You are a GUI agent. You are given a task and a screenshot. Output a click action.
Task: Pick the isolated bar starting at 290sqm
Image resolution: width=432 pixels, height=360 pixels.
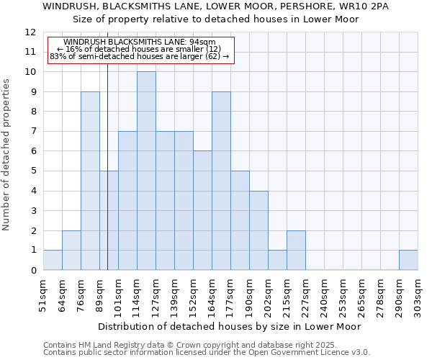click(x=408, y=260)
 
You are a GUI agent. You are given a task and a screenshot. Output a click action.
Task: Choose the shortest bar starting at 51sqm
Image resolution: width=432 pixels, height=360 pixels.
click(x=53, y=260)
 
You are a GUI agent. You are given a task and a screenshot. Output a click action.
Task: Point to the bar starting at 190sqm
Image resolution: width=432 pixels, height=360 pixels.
click(x=258, y=230)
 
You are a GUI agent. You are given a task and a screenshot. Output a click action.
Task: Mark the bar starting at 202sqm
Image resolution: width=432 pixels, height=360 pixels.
click(x=277, y=260)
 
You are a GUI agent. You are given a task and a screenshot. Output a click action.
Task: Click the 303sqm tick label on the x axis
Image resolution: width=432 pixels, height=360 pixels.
click(x=418, y=296)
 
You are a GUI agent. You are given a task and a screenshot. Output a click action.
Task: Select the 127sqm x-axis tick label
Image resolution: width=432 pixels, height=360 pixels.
click(x=156, y=296)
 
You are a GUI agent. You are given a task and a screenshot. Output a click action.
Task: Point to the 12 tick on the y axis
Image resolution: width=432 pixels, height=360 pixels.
click(x=30, y=32)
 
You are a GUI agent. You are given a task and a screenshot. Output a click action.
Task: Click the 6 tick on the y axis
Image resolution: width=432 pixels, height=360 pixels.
click(x=33, y=151)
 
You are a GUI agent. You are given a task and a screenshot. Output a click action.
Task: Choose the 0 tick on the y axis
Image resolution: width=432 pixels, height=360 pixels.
click(x=33, y=271)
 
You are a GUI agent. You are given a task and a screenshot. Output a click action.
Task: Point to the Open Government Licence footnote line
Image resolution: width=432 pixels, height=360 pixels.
click(x=207, y=353)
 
